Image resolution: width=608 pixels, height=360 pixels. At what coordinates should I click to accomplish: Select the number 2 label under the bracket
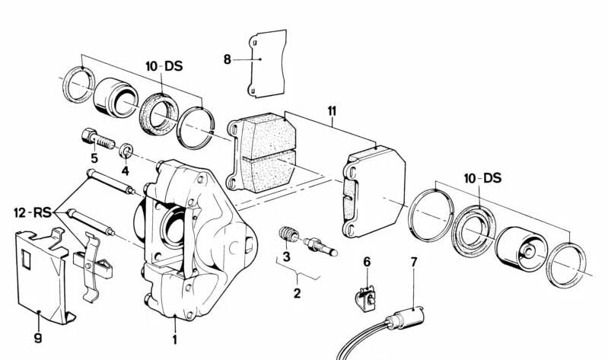pyautogui.click(x=298, y=292)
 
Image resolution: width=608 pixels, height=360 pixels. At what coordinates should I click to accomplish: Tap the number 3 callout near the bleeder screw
pyautogui.click(x=286, y=256)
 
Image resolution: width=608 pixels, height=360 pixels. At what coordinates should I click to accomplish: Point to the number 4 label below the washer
pyautogui.click(x=126, y=170)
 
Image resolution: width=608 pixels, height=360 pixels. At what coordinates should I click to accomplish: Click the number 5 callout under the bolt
pyautogui.click(x=94, y=158)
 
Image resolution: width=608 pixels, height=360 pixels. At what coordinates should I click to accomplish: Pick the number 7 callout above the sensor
pyautogui.click(x=414, y=263)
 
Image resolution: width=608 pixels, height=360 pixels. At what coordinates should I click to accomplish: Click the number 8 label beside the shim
pyautogui.click(x=226, y=59)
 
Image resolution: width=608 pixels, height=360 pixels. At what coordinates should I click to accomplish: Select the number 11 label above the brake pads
pyautogui.click(x=331, y=110)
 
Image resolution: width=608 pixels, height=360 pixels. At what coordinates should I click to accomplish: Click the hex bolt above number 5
pyautogui.click(x=96, y=140)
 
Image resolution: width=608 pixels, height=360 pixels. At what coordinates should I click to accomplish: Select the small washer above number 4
pyautogui.click(x=126, y=148)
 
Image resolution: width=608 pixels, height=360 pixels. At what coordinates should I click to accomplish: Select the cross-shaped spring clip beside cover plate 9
pyautogui.click(x=91, y=263)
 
